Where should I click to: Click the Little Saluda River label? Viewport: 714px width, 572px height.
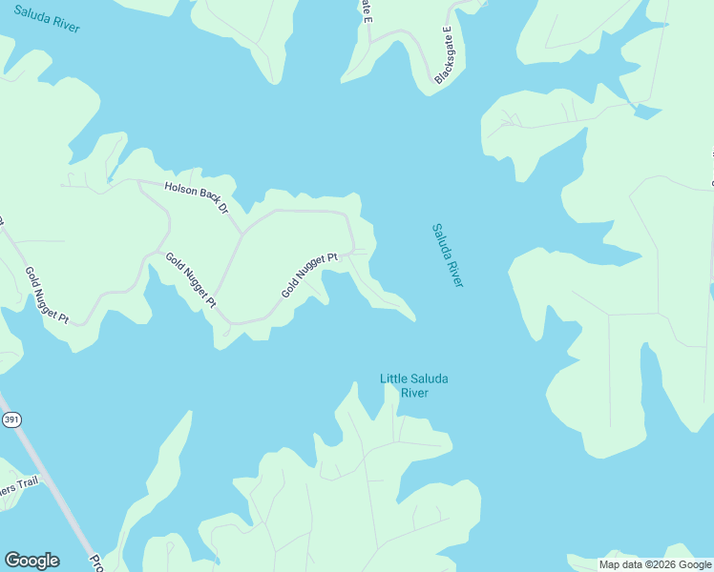[x=413, y=385]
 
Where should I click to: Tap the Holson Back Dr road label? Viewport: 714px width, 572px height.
[x=197, y=195]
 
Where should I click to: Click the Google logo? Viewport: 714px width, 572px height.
[x=31, y=561]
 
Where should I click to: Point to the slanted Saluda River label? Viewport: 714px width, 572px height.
[x=447, y=255]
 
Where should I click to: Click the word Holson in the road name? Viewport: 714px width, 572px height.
[x=181, y=190]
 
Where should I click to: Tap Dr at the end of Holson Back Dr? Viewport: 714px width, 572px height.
[x=224, y=206]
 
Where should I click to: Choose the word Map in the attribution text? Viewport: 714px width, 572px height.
[x=610, y=564]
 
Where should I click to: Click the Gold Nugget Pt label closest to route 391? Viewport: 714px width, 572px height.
[x=46, y=296]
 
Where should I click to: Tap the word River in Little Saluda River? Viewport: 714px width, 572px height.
[x=413, y=393]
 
